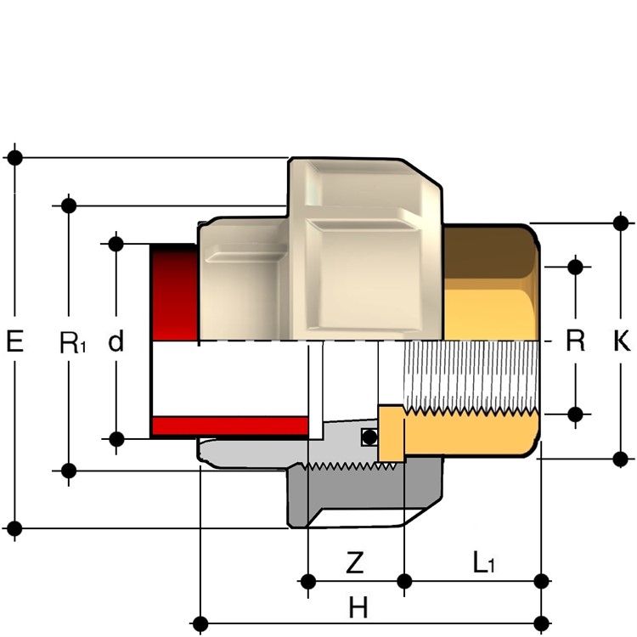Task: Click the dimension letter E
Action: [14, 341]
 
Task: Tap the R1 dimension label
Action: [73, 342]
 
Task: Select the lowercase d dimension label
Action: [116, 341]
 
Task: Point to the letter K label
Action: [622, 341]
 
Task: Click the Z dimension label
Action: [354, 562]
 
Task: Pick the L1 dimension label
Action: [483, 562]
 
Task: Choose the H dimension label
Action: [358, 608]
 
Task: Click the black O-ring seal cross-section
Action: [369, 437]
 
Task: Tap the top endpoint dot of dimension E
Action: [15, 157]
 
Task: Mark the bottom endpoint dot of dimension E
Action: [14, 528]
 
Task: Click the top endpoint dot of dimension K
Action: [621, 223]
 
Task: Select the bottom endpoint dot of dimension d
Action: [116, 439]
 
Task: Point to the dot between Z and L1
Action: [404, 581]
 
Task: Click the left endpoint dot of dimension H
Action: [200, 623]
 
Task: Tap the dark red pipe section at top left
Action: [175, 292]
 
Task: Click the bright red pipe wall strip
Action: [230, 426]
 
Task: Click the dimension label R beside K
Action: [575, 341]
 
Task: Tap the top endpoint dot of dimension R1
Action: [69, 206]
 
